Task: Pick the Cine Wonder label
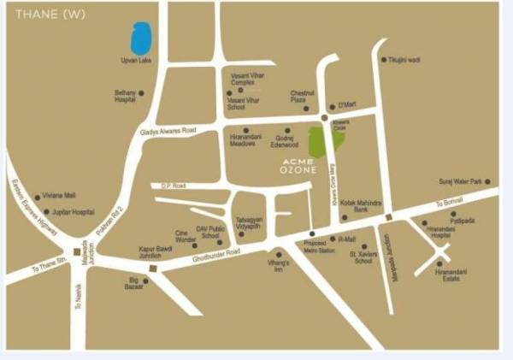click(x=186, y=235)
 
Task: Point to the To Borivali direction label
click(x=451, y=204)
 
